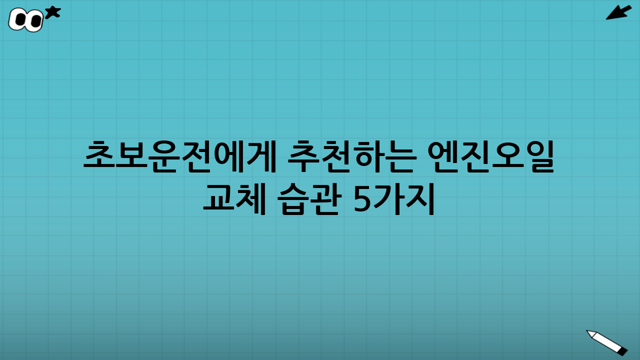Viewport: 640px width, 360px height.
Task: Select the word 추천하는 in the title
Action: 352,156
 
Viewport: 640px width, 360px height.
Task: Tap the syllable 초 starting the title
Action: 99,156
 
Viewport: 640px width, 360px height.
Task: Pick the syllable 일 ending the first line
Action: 540,156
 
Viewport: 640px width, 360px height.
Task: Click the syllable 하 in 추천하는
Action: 368,156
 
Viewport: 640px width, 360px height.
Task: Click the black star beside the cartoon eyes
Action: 52,12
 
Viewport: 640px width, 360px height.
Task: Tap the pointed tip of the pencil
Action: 588,331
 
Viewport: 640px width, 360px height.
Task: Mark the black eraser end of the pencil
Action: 622,351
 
